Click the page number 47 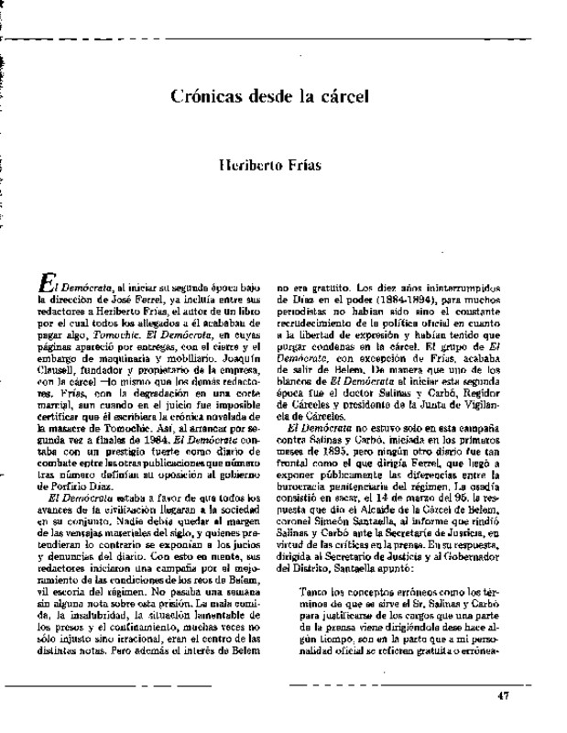(501, 695)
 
